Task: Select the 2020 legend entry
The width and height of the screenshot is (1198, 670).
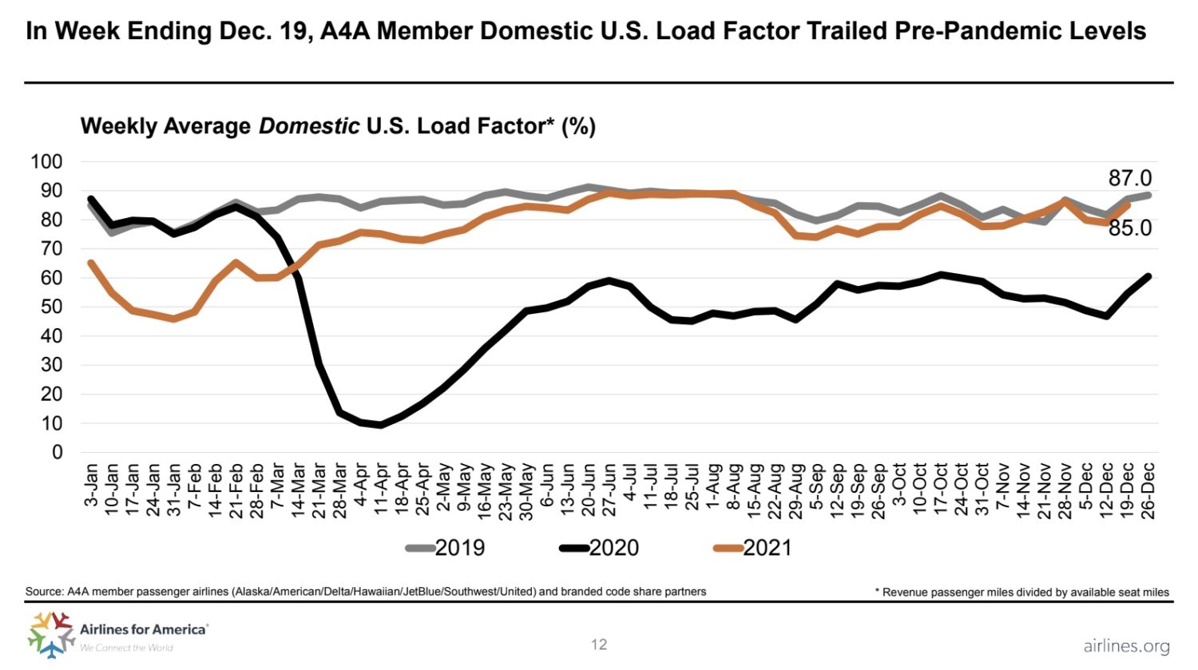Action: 599,548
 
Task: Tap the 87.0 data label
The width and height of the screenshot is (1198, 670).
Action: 1129,178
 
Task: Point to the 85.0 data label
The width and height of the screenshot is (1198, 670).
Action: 1129,228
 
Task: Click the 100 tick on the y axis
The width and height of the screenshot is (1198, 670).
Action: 46,161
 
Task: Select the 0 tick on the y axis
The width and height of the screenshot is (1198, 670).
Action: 57,452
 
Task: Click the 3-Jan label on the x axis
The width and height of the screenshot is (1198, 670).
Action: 91,486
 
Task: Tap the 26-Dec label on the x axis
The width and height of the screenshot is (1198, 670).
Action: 1148,490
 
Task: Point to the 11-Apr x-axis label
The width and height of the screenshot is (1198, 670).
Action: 382,490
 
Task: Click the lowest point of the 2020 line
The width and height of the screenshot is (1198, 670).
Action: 381,425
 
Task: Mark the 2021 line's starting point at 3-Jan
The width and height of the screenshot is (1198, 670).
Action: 91,262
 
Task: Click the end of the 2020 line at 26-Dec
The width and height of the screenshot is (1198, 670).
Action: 1148,276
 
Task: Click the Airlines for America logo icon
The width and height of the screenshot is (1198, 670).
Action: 50,634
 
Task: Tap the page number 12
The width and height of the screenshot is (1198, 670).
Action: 599,644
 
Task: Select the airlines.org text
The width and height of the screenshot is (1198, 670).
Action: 1126,646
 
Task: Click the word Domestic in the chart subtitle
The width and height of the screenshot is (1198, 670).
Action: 309,126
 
